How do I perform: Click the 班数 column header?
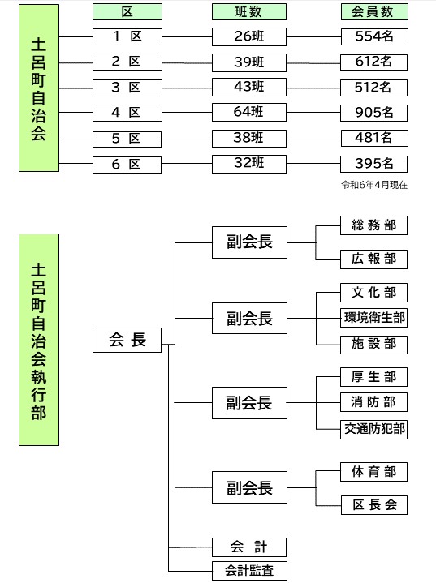249,12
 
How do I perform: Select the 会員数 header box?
374,12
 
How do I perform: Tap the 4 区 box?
127,113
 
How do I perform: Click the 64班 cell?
249,112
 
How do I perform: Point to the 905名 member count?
373,113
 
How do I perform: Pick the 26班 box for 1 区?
249,36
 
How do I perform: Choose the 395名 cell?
373,164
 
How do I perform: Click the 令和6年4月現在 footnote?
374,185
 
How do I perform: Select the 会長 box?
127,340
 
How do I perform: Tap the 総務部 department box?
373,225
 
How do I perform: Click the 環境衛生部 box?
373,318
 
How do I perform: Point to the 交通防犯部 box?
373,429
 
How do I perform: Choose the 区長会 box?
374,505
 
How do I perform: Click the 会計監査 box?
249,570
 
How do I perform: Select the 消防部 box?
373,402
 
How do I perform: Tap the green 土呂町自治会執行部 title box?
39,340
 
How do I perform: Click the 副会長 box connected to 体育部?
249,487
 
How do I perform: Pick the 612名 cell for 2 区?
373,62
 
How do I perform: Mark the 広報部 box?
373,259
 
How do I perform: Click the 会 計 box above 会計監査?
249,547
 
